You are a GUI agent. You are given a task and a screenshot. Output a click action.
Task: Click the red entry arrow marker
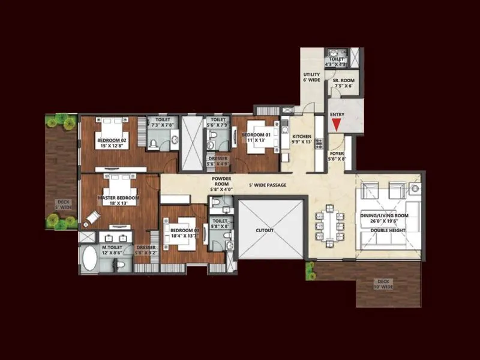coord(337,124)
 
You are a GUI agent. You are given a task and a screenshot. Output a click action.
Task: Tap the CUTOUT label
coord(265,230)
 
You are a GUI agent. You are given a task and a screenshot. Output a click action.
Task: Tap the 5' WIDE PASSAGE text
coord(268,185)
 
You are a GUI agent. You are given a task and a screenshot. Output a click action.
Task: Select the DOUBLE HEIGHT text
coord(384,229)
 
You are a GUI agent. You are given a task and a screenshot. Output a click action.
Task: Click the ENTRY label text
coord(338,114)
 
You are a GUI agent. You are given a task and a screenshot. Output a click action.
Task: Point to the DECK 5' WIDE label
coord(63,205)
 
